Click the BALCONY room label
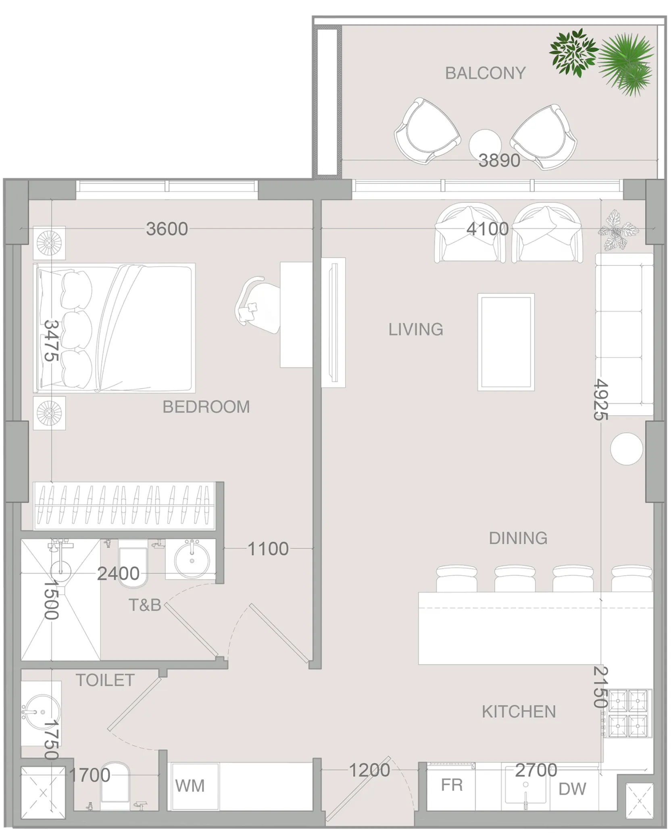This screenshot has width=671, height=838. [485, 73]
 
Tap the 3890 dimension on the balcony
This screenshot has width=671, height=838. [499, 161]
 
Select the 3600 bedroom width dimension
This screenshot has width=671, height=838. [167, 229]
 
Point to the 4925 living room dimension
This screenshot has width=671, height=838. [601, 399]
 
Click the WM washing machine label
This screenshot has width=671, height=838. [190, 786]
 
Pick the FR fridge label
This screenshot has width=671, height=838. [452, 785]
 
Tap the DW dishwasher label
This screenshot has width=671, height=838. [572, 789]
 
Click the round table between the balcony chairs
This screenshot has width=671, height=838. [485, 145]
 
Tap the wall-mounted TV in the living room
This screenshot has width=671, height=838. [333, 323]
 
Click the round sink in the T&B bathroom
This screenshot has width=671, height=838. [192, 559]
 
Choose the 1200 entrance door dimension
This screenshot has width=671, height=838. [369, 771]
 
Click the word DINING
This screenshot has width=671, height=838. [518, 538]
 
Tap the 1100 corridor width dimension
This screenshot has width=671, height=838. [268, 549]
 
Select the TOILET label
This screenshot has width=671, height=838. [105, 681]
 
